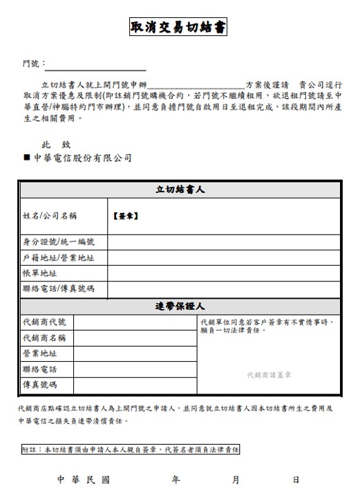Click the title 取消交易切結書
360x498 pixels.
pos(178,28)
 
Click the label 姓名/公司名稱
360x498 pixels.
pos(49,216)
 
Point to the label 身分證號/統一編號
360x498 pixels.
pos(58,242)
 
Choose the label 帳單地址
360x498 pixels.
pos(39,273)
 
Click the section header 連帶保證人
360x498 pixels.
pos(180,306)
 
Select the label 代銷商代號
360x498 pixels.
pos(44,322)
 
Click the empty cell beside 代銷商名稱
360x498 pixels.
pos(135,338)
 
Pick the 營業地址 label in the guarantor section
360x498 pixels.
pos(39,353)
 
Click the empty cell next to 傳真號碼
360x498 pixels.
pos(135,385)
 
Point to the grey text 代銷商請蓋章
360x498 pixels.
pos(269,374)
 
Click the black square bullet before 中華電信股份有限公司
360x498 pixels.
pos(26,158)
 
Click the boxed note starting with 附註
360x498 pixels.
pos(131,449)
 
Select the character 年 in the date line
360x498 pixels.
pos(176,479)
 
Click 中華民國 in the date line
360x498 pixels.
pos(83,479)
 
